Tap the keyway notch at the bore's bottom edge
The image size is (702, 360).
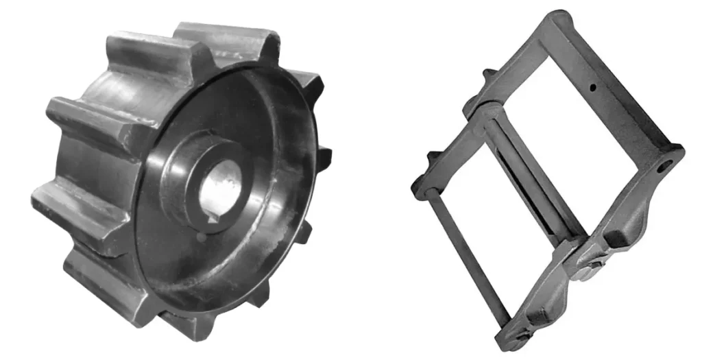tap(214, 219)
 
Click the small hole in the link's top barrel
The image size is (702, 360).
tap(590, 87)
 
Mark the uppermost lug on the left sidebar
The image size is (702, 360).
tap(488, 73)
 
